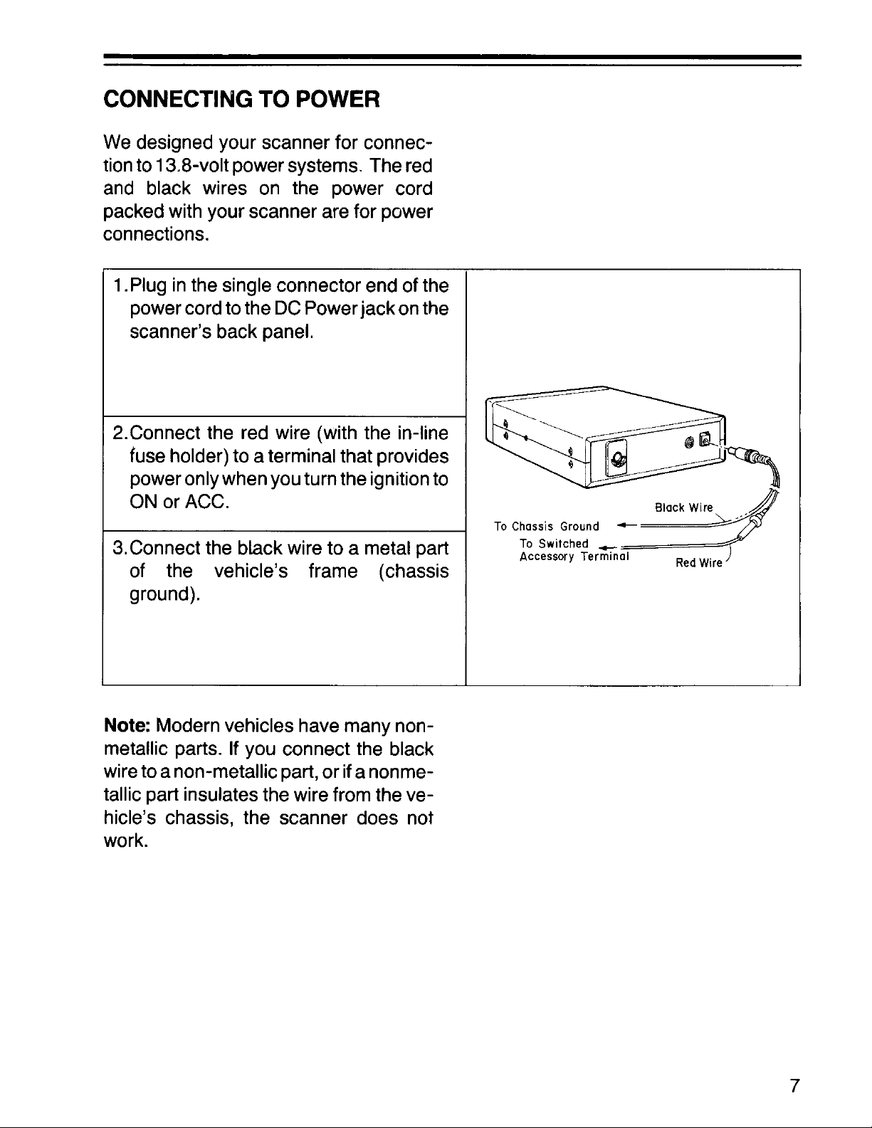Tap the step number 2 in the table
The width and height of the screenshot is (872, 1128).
(x=119, y=432)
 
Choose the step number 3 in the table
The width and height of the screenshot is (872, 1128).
(x=119, y=549)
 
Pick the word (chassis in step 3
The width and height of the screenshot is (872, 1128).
(x=412, y=571)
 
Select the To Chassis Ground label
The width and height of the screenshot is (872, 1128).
(x=547, y=527)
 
